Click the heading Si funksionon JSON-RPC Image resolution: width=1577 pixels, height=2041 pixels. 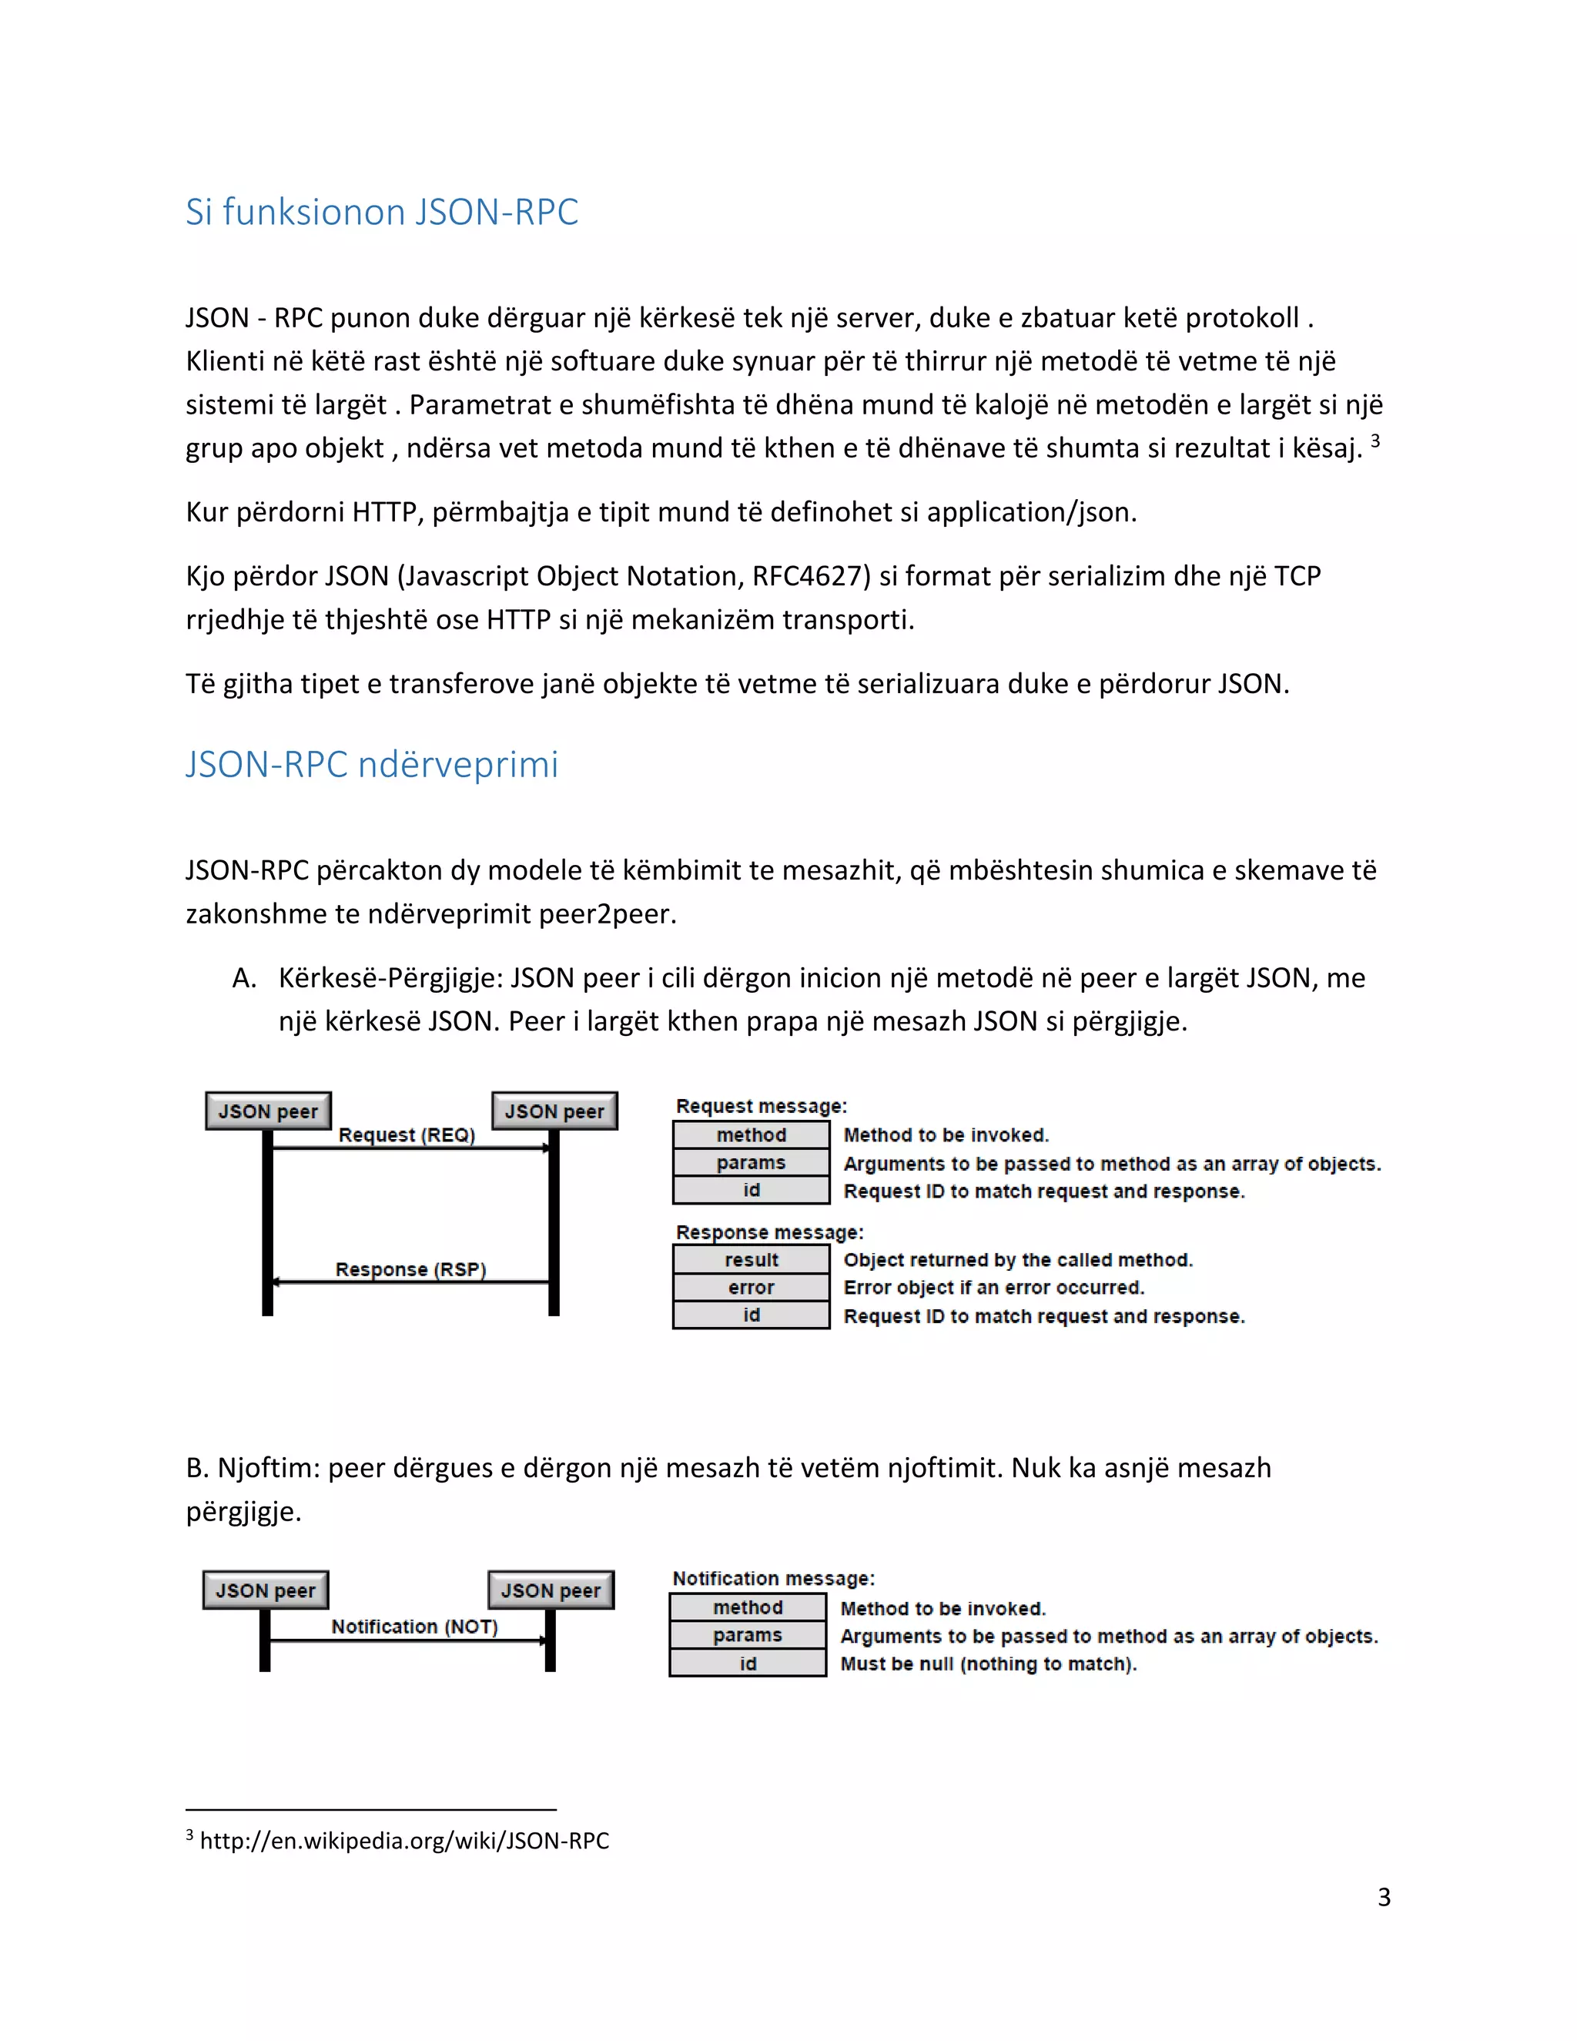[381, 212]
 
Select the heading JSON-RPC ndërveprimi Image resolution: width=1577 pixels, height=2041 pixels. [371, 765]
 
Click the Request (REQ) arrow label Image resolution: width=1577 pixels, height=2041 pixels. [407, 1134]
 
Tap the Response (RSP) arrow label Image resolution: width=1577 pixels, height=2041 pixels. [410, 1269]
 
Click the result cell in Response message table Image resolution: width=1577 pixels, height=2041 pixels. [751, 1260]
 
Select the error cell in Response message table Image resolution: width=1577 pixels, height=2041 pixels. [751, 1288]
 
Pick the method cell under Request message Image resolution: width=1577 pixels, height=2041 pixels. [751, 1134]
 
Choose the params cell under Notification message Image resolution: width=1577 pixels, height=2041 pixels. [748, 1635]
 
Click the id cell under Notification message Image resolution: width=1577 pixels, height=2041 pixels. [748, 1664]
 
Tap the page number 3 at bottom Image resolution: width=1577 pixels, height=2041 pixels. [1384, 1897]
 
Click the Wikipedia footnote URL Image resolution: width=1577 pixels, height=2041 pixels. [403, 1841]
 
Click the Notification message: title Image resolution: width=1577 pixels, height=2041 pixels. [772, 1578]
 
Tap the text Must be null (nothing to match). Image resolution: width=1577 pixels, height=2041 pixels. [987, 1664]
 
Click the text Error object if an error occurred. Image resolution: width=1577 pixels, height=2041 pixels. [993, 1288]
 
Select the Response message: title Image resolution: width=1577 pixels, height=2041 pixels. [769, 1232]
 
